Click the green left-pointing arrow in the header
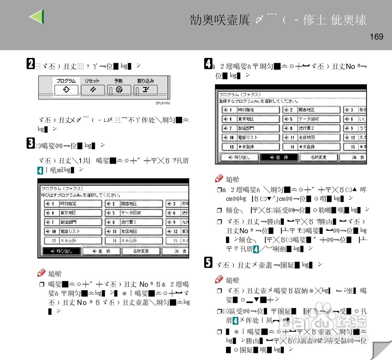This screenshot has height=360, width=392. pos(37,17)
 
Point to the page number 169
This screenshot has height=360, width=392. pos(376,37)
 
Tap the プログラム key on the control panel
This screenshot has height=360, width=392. pos(66,89)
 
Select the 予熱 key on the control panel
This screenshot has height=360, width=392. pos(119,90)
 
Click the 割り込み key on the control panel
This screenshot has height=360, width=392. pos(145,90)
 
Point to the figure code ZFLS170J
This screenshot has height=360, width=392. pos(163,103)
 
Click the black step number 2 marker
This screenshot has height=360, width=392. pos(31,64)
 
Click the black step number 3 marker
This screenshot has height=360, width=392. pos(31,143)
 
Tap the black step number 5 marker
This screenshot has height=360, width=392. pos(208,262)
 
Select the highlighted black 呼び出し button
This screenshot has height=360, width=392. pos(62,251)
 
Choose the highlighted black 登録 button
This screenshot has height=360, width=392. pos(279,157)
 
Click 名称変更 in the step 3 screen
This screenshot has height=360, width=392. pos(141,251)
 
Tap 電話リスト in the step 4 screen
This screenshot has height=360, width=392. pos(251,138)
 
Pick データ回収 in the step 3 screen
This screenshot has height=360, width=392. pos(134,213)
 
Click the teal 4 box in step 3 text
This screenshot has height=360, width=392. pos(40,170)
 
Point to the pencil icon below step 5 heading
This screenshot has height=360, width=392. pos(219,279)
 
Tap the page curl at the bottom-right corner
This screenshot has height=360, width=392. pos(381,349)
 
